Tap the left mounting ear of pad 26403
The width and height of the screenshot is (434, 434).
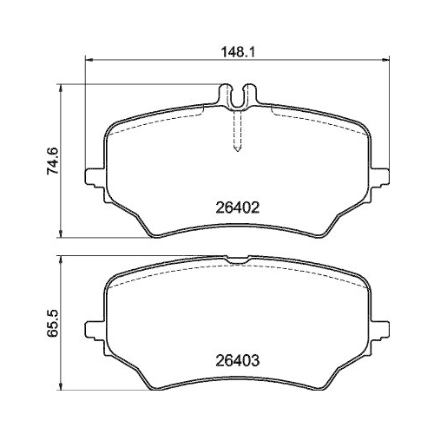click(x=93, y=331)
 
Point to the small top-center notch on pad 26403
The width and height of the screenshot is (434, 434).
click(x=236, y=259)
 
